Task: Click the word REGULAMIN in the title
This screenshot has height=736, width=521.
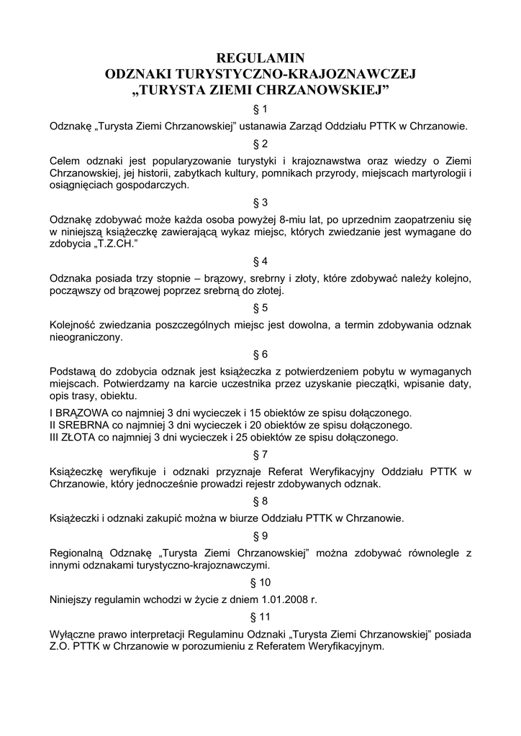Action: (x=260, y=57)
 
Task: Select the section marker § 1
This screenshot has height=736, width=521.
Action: (x=260, y=109)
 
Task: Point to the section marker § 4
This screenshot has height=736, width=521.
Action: (x=260, y=261)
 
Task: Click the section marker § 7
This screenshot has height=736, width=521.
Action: (x=260, y=454)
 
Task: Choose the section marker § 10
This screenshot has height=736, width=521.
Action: (x=260, y=581)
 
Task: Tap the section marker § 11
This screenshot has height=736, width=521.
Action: (x=260, y=617)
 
